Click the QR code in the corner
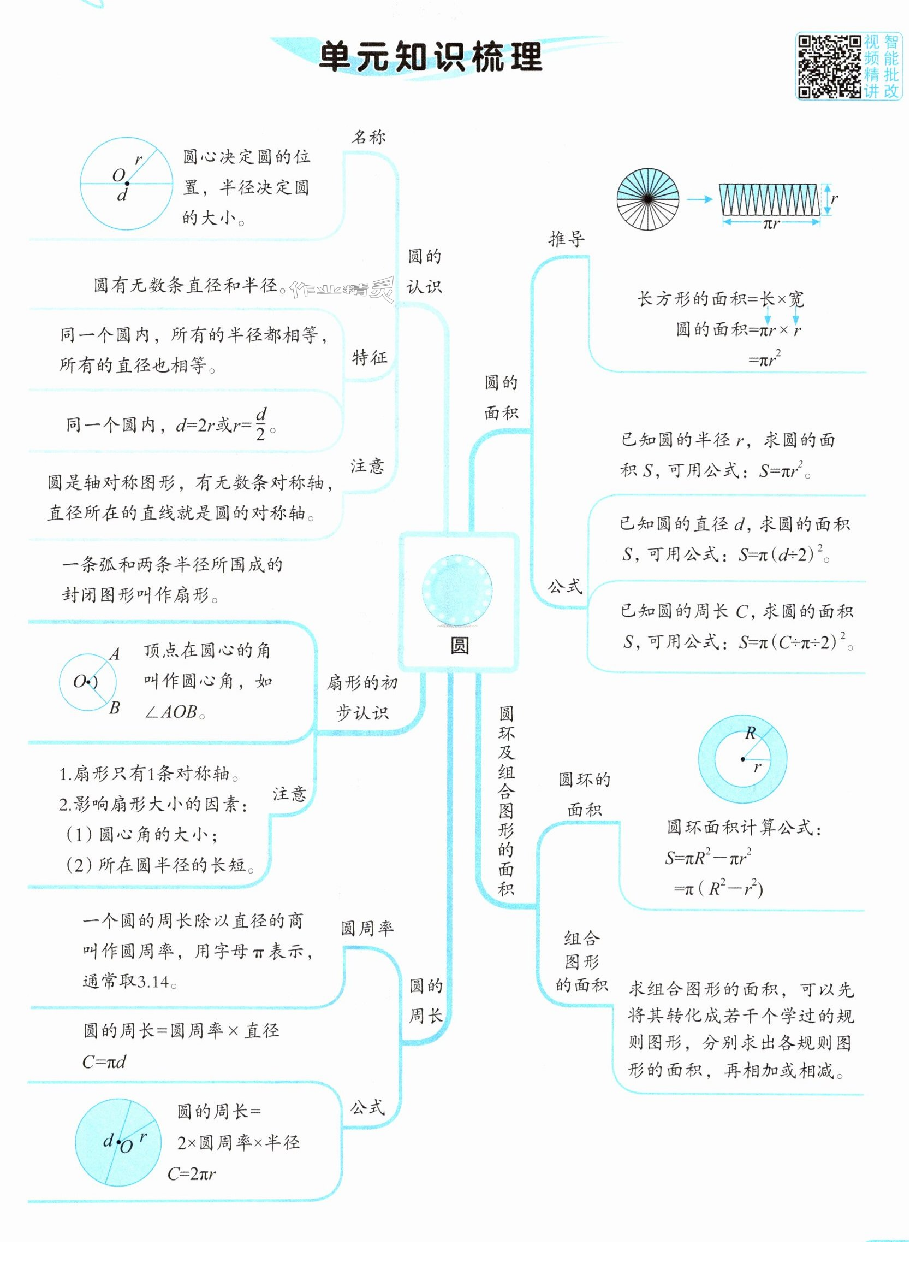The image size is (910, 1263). pos(830,66)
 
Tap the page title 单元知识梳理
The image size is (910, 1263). pos(430,58)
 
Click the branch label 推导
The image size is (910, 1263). pos(567,239)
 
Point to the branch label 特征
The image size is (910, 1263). pos(369,357)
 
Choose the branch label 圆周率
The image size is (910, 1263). pos(367,928)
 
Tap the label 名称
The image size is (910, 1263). pos(368,137)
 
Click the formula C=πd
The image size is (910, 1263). pos(104,1062)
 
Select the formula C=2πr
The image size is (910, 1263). pos(192,1174)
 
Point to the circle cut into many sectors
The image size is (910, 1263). pos(648,199)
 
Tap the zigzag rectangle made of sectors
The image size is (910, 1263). pos(769,199)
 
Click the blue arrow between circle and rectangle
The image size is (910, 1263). pos(699,199)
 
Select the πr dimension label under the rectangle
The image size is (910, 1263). pos(771,224)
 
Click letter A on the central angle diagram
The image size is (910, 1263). pos(115,654)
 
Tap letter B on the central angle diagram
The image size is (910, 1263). pos(115,708)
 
